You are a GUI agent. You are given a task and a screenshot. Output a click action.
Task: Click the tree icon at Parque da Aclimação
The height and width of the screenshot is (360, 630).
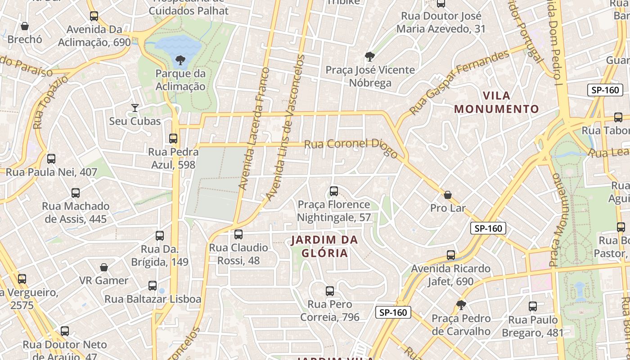coord(180,60)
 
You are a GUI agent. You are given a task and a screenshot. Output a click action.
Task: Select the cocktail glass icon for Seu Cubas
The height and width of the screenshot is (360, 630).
coord(135,108)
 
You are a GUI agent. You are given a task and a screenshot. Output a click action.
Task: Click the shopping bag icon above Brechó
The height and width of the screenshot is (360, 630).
coord(25,26)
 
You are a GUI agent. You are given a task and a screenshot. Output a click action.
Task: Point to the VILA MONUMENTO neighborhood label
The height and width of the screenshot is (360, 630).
coord(496,102)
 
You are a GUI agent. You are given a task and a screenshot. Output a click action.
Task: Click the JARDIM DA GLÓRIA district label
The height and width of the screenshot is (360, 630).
coord(324,246)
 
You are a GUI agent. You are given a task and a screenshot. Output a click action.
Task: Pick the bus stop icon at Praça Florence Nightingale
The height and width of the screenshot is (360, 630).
coord(333,191)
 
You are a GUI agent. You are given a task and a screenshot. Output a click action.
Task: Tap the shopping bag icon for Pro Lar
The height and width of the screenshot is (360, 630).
coord(448,195)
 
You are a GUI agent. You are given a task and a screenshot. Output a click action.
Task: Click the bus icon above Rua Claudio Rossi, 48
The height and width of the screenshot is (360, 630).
coord(238,234)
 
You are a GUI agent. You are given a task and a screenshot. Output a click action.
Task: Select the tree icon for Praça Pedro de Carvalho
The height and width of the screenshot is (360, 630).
coord(461,305)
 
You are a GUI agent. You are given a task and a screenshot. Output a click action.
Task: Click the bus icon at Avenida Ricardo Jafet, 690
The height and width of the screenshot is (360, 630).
coord(451,255)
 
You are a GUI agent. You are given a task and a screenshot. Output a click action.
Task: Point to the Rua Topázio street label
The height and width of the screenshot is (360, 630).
coord(50,102)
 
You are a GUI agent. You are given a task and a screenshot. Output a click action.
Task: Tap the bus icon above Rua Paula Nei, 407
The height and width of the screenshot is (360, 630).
coord(51,158)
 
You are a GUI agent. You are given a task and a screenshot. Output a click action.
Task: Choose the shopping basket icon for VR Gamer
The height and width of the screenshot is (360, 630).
coord(104,267)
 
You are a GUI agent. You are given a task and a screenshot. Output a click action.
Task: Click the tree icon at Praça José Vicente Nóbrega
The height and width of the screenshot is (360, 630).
coord(369,57)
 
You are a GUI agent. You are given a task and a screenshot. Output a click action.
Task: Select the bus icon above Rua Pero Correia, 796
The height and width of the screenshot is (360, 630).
coord(330,291)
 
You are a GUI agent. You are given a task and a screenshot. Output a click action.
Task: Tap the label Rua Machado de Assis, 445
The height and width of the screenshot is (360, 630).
coord(76,212)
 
